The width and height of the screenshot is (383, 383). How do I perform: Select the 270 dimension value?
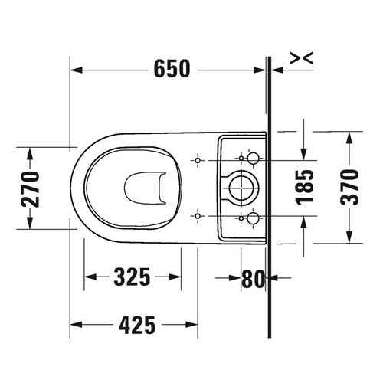point(30,188)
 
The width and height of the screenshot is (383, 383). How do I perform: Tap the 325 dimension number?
point(133,276)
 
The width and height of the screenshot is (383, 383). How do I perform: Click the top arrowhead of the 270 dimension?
point(30,153)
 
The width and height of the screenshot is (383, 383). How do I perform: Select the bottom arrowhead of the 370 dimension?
point(350,238)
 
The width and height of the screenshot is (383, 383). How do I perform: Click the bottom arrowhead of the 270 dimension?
point(30,223)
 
